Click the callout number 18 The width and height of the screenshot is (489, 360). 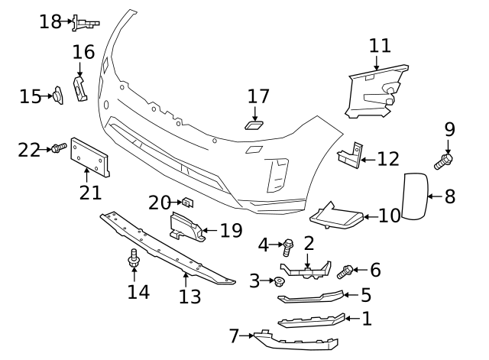(50, 21)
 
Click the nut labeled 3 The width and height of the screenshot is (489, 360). (280, 282)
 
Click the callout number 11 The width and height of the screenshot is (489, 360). (379, 45)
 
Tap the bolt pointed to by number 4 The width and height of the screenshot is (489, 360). (289, 246)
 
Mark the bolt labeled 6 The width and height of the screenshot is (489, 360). (346, 270)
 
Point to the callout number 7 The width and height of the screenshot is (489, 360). (235, 335)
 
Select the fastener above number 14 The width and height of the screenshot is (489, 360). (134, 260)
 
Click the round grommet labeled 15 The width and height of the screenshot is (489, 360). (57, 96)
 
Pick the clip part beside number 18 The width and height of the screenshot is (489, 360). (85, 22)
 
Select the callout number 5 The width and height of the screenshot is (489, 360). (366, 294)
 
